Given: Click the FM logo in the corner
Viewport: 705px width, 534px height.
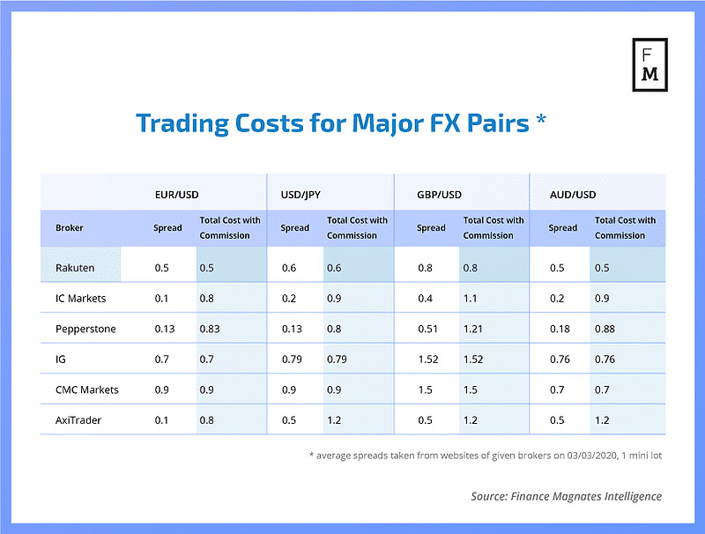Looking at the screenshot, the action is (x=649, y=64).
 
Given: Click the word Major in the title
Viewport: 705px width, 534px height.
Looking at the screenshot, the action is (x=388, y=123).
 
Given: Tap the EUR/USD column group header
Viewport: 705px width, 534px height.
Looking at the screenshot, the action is (x=177, y=195).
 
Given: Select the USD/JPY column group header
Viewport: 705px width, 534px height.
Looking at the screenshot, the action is (x=301, y=195).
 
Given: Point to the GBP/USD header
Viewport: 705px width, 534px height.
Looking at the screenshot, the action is (x=439, y=195).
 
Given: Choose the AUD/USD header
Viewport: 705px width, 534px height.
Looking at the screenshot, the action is (x=573, y=195).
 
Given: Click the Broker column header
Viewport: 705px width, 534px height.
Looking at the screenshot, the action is (x=70, y=228).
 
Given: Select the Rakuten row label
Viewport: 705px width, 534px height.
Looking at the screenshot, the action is (x=75, y=268).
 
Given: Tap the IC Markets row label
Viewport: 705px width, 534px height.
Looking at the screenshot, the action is (x=80, y=299).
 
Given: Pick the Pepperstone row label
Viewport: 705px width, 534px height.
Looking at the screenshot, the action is (x=85, y=329).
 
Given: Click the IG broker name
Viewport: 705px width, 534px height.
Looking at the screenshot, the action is (x=60, y=360).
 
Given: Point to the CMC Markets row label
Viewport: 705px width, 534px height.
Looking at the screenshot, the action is (x=86, y=389).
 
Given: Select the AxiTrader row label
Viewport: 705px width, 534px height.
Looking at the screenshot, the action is (x=78, y=420).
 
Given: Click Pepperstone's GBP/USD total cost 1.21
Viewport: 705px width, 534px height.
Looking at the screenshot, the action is (x=472, y=329).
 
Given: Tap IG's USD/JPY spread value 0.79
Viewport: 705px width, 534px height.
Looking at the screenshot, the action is (x=292, y=360).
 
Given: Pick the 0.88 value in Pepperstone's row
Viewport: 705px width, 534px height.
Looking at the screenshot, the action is (x=605, y=329).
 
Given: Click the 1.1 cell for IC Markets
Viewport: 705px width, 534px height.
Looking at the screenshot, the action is (x=471, y=299).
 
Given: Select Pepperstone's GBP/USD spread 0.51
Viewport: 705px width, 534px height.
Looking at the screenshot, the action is (x=427, y=329).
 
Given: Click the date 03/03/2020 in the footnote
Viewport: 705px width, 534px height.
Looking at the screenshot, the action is (x=591, y=456).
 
